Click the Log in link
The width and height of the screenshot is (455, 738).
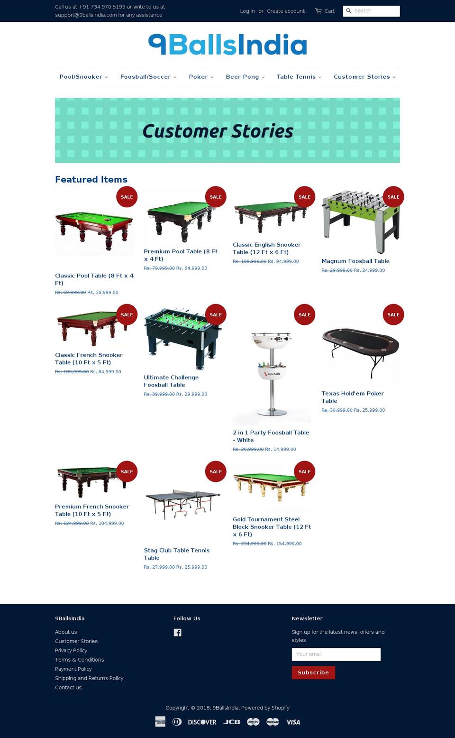coord(247,11)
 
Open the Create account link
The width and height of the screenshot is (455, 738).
coord(286,11)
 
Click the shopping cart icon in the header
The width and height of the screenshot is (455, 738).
coord(318,11)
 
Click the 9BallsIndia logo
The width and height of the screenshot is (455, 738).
coord(227,44)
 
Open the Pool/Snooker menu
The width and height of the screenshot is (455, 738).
coord(83,77)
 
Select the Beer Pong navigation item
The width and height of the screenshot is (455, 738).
coord(246,77)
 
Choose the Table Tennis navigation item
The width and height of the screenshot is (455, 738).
coord(299,77)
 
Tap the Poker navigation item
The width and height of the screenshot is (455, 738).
coord(201,77)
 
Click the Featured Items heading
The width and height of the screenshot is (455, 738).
coord(91,180)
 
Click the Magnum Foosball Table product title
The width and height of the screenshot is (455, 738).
coord(355,261)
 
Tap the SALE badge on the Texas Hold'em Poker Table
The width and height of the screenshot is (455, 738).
coord(393,314)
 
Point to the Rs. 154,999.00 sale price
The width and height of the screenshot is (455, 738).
coord(285,544)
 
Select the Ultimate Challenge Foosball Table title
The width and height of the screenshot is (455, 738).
coord(171,381)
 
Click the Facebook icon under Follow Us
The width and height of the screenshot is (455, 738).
coord(177,633)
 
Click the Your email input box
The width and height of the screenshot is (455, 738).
coord(336,655)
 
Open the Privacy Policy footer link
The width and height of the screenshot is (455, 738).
coord(71,650)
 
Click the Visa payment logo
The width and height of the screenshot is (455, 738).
coord(293,722)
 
